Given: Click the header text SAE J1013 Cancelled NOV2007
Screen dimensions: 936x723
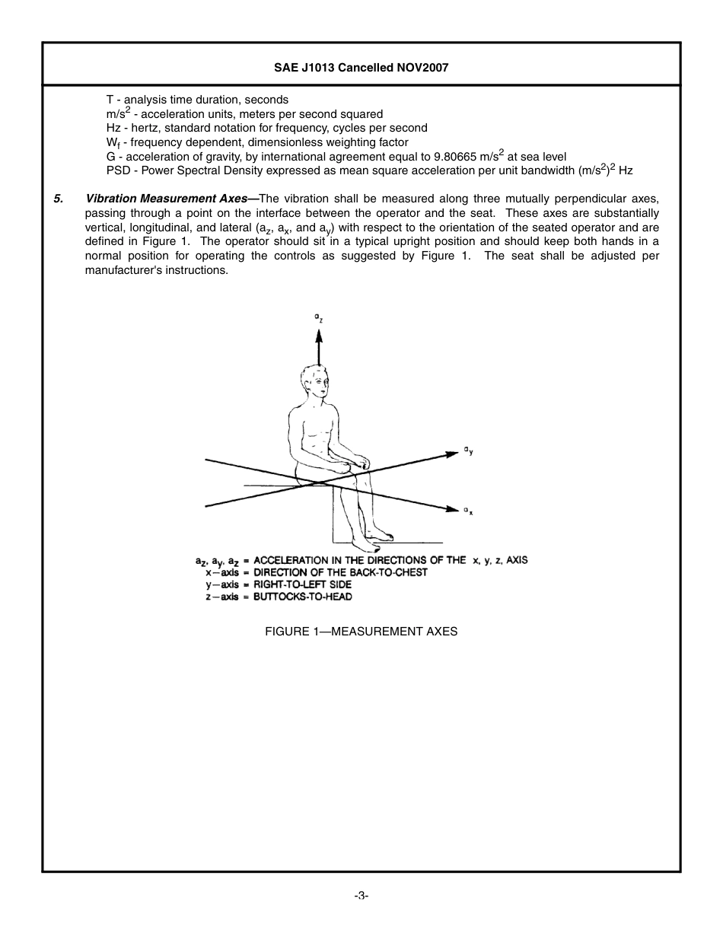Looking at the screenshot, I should coord(361,68).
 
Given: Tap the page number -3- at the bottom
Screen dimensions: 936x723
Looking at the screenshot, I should coord(361,896).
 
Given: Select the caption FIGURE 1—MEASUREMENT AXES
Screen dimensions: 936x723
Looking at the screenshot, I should coord(361,632).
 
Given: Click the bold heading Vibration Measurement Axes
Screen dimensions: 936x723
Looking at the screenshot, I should coord(171,199).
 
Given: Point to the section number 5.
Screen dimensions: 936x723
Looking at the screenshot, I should coord(58,199).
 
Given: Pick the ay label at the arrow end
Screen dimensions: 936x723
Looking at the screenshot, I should coord(469,450).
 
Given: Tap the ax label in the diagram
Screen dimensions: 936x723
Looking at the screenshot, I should coord(469,511).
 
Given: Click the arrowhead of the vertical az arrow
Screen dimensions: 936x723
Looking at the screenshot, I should coord(319,335).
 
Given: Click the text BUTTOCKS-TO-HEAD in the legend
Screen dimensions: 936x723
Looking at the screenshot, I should coord(302,597).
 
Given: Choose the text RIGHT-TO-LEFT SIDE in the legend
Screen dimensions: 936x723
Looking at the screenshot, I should coord(302,584).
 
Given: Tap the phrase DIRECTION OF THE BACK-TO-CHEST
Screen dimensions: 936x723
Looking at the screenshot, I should coord(340,572).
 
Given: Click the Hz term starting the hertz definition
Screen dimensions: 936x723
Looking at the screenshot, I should coord(113,128).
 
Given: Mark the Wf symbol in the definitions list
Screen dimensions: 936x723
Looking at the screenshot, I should coord(113,143).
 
